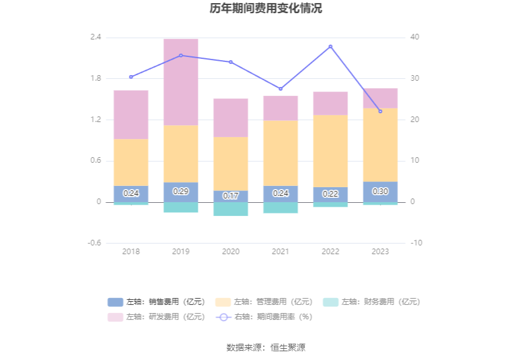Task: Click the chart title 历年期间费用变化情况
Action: point(266,9)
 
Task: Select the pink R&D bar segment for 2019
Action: point(181,81)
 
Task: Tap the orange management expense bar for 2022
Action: point(330,150)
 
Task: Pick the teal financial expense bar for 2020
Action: point(231,209)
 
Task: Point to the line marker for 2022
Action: point(330,46)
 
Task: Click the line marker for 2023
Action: point(380,111)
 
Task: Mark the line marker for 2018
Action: point(131,77)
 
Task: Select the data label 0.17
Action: point(231,196)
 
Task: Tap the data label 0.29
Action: point(181,192)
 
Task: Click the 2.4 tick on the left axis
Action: point(95,38)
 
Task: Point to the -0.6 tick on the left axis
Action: point(94,243)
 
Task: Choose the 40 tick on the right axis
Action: point(416,38)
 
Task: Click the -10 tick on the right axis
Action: point(416,243)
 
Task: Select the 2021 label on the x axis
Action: point(280,252)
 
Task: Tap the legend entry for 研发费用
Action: point(156,317)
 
